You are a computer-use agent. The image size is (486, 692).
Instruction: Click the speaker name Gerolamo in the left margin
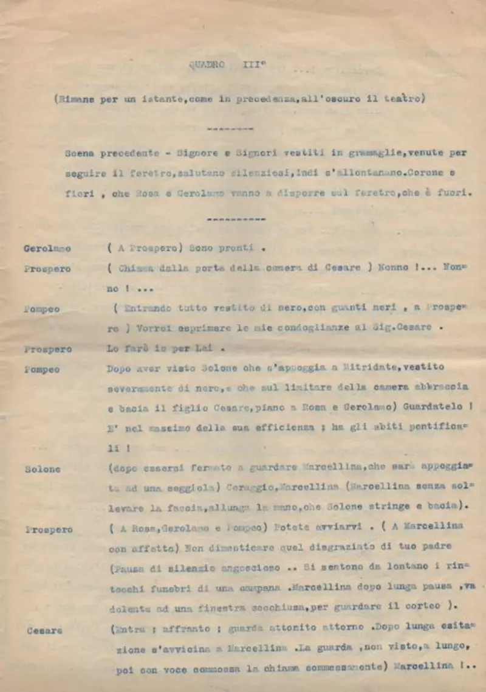pos(47,249)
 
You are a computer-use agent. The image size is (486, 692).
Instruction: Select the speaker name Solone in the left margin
pos(43,469)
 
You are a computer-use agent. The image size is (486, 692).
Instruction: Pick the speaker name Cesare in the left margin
pos(44,631)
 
